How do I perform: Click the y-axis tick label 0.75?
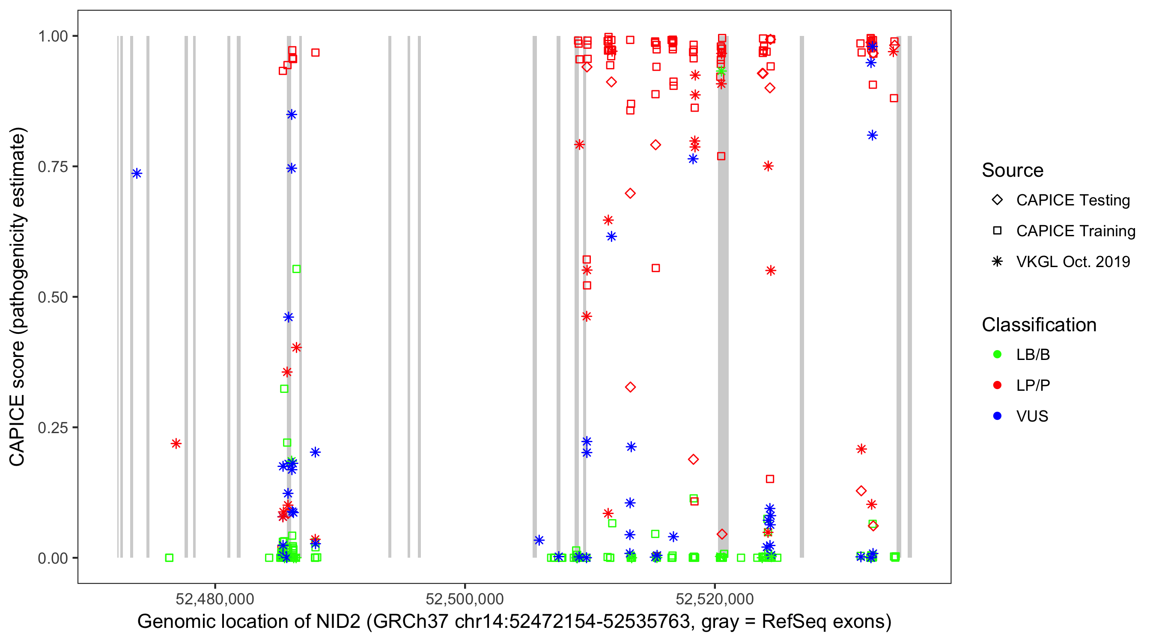(x=52, y=166)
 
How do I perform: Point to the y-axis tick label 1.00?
(x=52, y=36)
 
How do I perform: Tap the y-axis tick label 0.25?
(x=52, y=428)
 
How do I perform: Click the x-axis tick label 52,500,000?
(x=465, y=599)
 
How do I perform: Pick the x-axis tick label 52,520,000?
(x=715, y=599)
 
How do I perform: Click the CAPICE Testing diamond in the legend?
(x=997, y=200)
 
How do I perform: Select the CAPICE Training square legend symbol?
(x=997, y=231)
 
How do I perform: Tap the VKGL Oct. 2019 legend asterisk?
(x=997, y=262)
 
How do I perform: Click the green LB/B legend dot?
(x=997, y=354)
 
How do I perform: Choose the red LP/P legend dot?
(x=997, y=385)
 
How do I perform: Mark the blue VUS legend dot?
(x=997, y=416)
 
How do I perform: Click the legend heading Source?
(x=1013, y=170)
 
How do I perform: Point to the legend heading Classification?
(x=1039, y=325)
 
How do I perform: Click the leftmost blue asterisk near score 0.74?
(x=137, y=174)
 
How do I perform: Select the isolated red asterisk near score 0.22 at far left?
(x=176, y=444)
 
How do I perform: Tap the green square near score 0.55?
(x=296, y=269)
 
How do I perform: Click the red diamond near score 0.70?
(x=630, y=193)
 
